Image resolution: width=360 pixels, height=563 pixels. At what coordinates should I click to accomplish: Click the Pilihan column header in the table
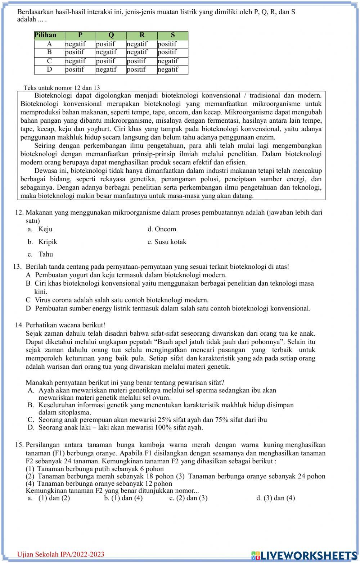pos(45,35)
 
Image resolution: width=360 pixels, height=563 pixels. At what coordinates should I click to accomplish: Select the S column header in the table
pos(173,35)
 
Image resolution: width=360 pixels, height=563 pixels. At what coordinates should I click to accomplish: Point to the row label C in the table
pos(49,61)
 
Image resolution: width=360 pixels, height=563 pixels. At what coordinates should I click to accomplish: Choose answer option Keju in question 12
pos(45,229)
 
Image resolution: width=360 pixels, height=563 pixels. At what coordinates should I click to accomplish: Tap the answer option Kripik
pos(48,242)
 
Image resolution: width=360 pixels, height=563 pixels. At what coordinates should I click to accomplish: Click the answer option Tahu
pos(46,254)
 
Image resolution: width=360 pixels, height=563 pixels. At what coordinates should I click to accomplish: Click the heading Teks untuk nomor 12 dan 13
pos(62,88)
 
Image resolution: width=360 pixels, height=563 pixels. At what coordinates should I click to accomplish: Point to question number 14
pos(19,325)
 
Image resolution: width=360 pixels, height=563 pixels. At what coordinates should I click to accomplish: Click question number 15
pos(19,445)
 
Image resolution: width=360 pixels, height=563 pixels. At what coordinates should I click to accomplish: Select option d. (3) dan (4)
pos(276,498)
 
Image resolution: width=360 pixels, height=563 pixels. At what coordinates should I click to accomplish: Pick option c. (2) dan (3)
pos(188,498)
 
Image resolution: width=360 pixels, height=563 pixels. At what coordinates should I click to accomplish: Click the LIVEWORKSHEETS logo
pos(304,555)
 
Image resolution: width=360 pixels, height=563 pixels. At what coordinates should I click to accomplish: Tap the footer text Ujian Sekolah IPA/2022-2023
pos(61,554)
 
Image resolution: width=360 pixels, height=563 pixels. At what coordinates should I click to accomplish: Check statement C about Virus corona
pos(122,300)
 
